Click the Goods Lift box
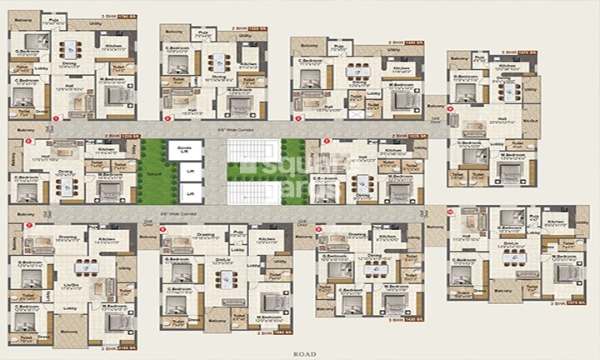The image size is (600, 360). tap(184, 151)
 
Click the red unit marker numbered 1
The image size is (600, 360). tap(56, 119)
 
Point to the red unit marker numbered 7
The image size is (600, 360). tap(30, 225)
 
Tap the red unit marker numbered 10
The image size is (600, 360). tap(451, 212)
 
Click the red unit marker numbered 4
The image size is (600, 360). tap(451, 108)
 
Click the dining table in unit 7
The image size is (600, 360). tap(84, 268)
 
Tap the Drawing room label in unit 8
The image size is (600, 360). tap(204, 235)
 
